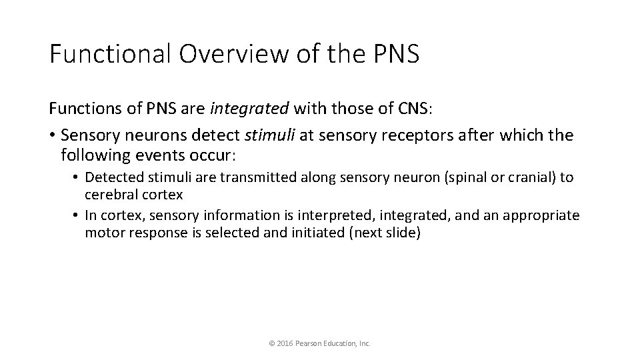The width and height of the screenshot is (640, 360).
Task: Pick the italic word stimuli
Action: [271, 136]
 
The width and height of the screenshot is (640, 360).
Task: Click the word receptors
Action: [417, 136]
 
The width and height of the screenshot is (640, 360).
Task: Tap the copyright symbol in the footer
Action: [271, 344]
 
